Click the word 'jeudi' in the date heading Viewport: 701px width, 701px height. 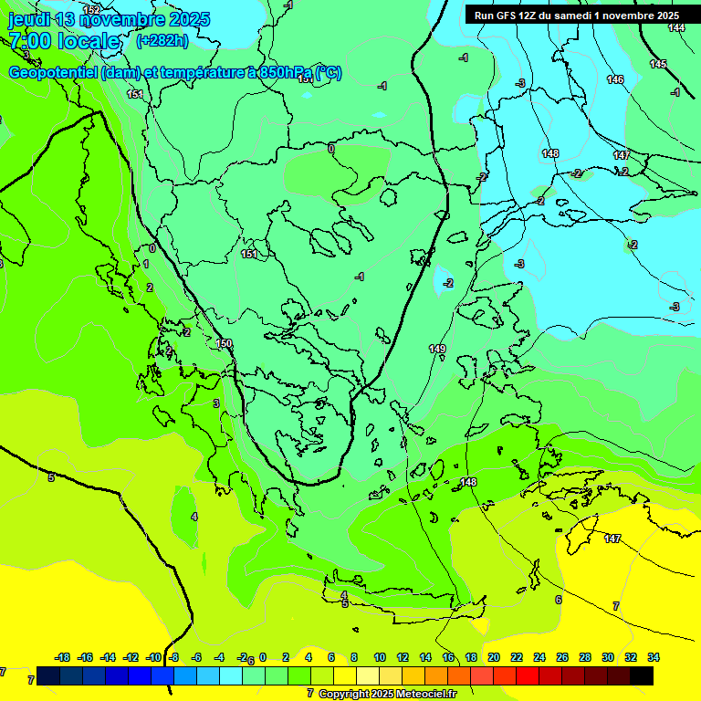[28, 19]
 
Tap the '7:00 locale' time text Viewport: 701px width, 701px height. [64, 41]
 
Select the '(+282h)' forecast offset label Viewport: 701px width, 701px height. [162, 40]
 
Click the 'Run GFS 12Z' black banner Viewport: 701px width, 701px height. [575, 16]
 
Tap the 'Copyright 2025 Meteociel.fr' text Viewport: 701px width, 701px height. [387, 694]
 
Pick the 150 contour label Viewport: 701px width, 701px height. [225, 343]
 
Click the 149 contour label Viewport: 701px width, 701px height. [437, 349]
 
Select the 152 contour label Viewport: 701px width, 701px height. [91, 9]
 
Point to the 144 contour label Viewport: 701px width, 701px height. [676, 27]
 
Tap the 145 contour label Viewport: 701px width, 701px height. [658, 64]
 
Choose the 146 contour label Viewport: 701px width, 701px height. [615, 79]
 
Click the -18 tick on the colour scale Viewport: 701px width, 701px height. [63, 657]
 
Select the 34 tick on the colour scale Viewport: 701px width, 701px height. [654, 657]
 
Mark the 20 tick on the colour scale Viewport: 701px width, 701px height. [494, 657]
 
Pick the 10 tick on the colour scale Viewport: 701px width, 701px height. [380, 657]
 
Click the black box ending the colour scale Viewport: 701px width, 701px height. [642, 675]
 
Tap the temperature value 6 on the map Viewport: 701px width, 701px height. [559, 600]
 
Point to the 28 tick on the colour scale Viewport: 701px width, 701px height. [585, 657]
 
